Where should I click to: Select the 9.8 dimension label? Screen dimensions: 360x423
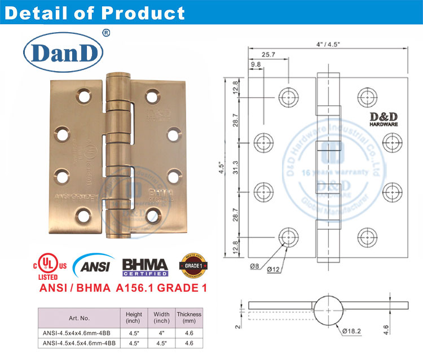click(255, 65)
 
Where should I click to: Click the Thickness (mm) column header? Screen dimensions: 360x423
click(189, 318)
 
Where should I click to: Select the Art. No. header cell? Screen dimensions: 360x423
click(78, 318)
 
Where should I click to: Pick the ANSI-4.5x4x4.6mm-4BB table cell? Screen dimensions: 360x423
click(78, 333)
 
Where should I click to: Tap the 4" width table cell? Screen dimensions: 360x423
click(161, 333)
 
